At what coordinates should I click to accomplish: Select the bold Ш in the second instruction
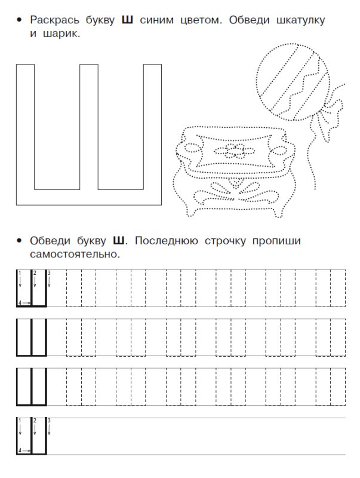coord(119,241)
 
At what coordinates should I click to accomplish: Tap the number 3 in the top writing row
coord(49,273)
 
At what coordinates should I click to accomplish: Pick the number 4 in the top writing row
coord(20,303)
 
